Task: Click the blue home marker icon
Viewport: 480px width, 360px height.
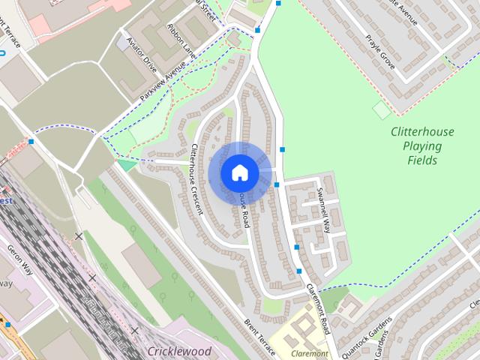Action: pos(239,172)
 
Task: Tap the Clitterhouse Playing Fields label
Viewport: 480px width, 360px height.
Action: pos(422,145)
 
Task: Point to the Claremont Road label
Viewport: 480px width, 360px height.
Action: pos(318,308)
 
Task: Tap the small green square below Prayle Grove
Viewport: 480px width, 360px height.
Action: pos(382,109)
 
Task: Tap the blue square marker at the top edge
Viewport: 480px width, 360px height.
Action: pos(279,4)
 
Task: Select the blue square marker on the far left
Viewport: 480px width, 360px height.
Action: pos(31,140)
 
